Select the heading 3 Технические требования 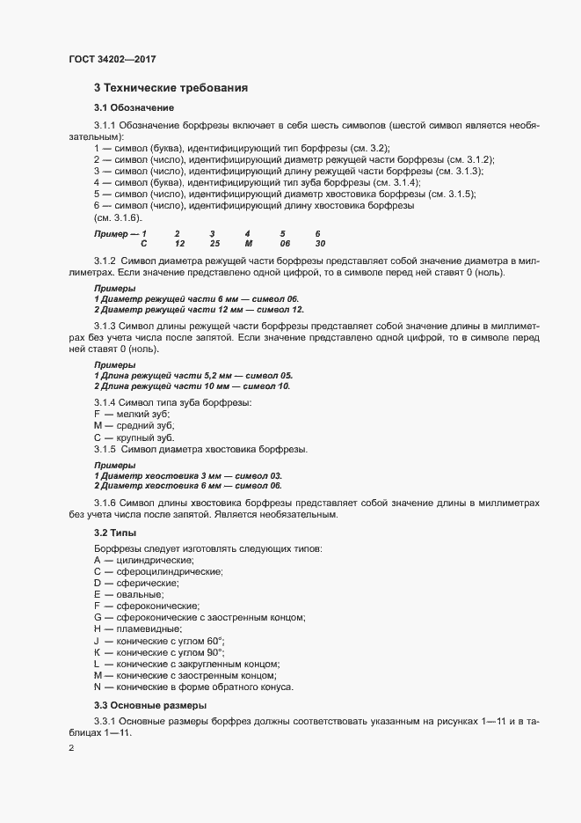[x=171, y=88]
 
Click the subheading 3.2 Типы [x=115, y=533]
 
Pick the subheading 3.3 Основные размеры [x=150, y=706]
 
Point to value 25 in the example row [x=214, y=243]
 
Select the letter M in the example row [x=249, y=243]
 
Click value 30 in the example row [x=320, y=243]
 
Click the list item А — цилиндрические [x=144, y=560]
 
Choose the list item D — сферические [x=136, y=583]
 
